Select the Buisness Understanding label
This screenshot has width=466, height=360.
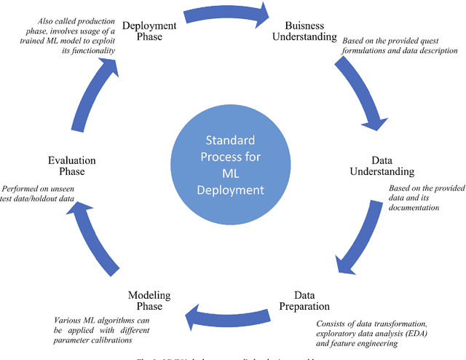tap(304, 30)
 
